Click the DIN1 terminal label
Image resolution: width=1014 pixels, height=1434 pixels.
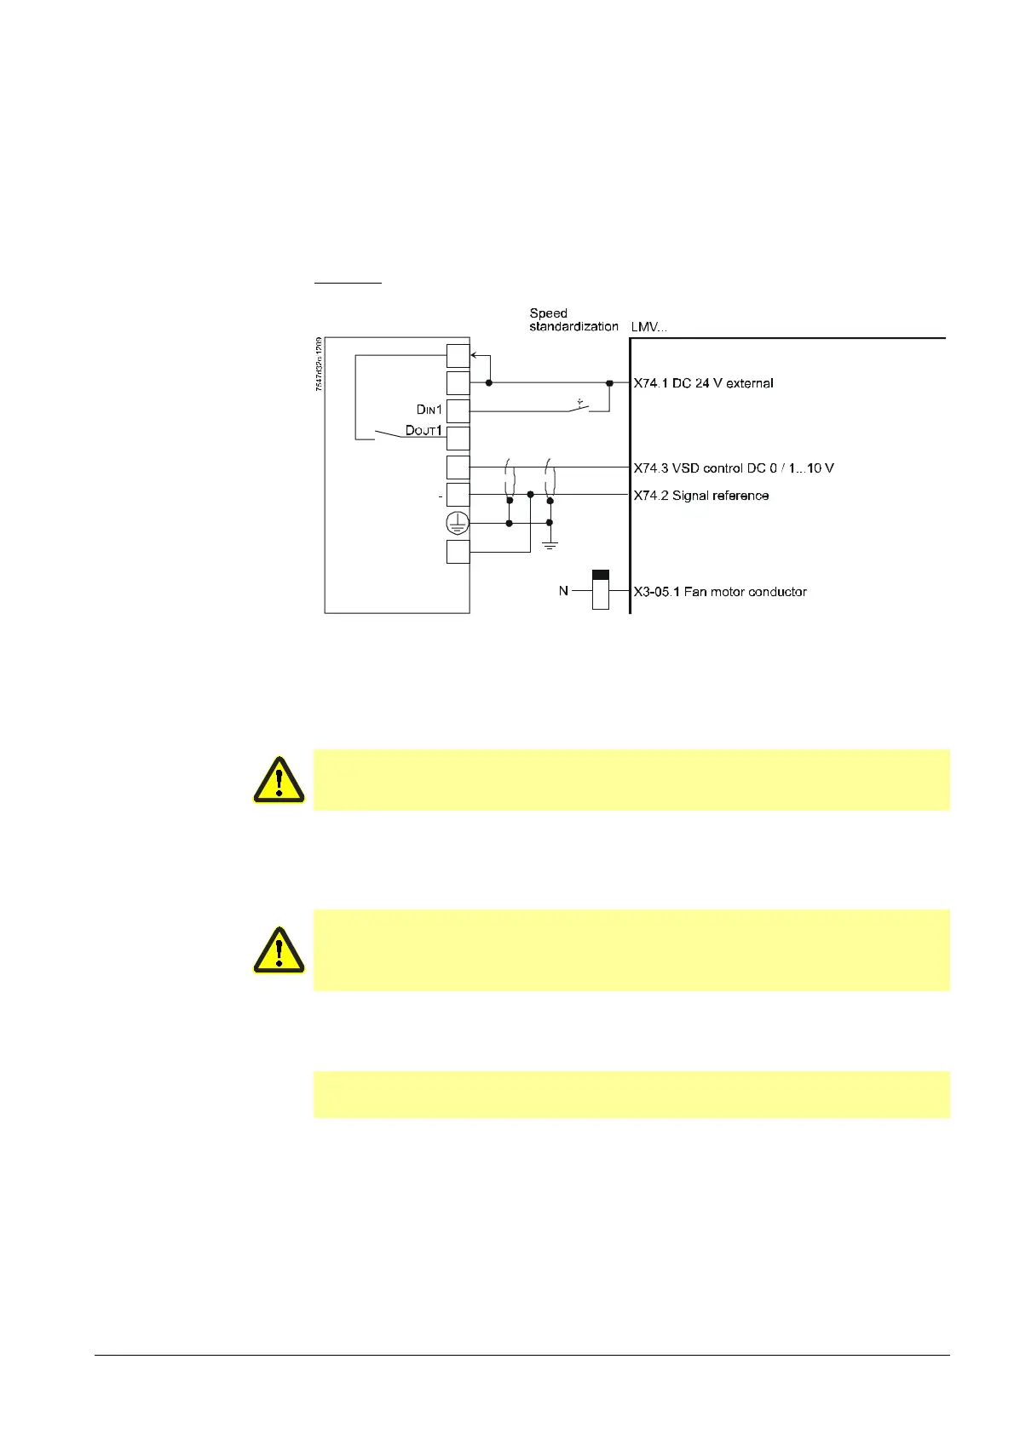429,410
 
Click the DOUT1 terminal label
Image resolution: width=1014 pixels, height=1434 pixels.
423,431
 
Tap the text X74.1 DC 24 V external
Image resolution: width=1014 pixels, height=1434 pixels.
703,383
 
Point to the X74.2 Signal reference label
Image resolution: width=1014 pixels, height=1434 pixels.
700,496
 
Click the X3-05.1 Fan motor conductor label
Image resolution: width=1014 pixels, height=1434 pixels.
719,592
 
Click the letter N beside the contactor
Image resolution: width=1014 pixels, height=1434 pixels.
563,591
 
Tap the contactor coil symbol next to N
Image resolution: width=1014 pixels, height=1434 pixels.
601,589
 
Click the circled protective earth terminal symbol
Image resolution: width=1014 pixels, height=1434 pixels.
458,524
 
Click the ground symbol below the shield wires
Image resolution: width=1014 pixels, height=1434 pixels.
550,543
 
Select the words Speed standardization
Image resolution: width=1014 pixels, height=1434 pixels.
573,320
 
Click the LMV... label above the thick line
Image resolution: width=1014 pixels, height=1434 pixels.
649,327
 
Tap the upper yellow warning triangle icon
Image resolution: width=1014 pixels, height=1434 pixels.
279,779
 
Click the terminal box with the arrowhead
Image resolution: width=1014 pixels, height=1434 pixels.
458,356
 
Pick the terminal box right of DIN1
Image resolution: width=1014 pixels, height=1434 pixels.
458,411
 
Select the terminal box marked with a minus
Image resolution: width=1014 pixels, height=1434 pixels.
458,495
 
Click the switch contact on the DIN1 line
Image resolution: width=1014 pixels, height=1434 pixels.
579,407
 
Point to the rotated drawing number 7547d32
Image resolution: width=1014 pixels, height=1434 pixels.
319,364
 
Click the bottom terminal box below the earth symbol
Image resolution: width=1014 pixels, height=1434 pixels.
458,552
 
